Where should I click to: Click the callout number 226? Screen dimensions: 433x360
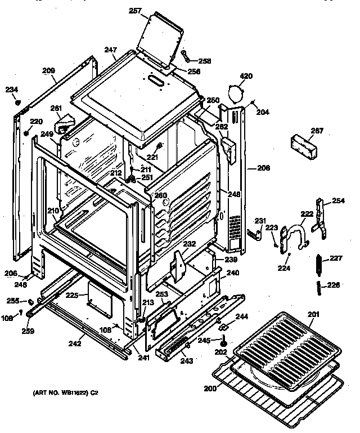pyautogui.click(x=334, y=285)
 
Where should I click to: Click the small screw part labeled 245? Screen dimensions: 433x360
pyautogui.click(x=224, y=341)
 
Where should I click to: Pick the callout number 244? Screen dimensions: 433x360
pyautogui.click(x=242, y=318)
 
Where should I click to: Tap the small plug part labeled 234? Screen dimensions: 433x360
pyautogui.click(x=17, y=102)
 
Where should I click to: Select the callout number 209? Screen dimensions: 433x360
pyautogui.click(x=48, y=71)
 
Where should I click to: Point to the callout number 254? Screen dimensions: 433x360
pyautogui.click(x=338, y=200)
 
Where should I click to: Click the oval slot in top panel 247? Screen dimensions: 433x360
pyautogui.click(x=156, y=82)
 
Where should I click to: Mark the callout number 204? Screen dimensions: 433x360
pyautogui.click(x=262, y=112)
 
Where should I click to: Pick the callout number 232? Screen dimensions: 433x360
pyautogui.click(x=190, y=244)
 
